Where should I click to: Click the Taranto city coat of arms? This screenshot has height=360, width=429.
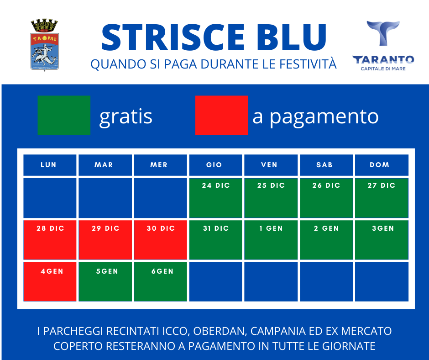(44, 45)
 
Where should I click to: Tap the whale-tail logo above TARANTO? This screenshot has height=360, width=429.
(383, 33)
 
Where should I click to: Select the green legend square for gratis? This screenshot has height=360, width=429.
(64, 115)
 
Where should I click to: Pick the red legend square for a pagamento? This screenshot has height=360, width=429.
(222, 115)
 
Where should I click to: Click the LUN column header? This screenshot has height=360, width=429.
(50, 165)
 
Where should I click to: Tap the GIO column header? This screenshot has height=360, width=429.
(215, 165)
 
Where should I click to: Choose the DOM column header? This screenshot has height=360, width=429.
(382, 165)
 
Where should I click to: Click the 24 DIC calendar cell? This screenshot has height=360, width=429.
(215, 198)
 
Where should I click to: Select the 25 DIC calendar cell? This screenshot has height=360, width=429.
(271, 198)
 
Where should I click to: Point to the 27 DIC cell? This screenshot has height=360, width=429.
(382, 198)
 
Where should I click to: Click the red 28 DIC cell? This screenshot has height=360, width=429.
(50, 240)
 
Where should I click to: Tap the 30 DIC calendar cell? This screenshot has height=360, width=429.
(161, 240)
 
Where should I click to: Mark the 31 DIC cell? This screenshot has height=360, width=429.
(215, 240)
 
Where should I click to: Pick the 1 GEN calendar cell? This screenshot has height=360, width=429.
(271, 240)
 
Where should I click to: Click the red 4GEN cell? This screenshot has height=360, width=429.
(50, 281)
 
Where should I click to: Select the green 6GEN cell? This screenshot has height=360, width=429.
(161, 281)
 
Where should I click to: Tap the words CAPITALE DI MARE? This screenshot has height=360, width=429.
(383, 69)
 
